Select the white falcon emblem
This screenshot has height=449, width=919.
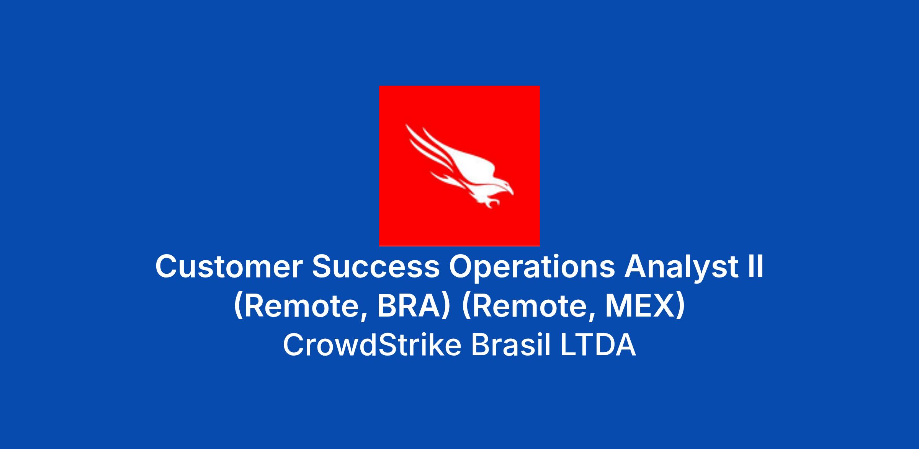click(x=459, y=166)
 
